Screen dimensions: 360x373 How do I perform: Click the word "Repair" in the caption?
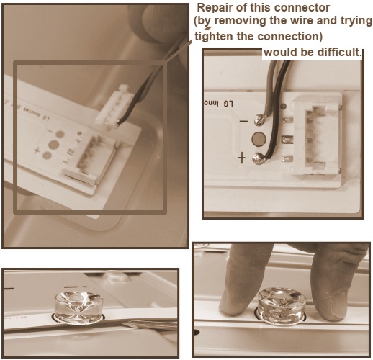[x=214, y=8]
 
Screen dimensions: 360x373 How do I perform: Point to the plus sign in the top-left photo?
[x=36, y=150]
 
